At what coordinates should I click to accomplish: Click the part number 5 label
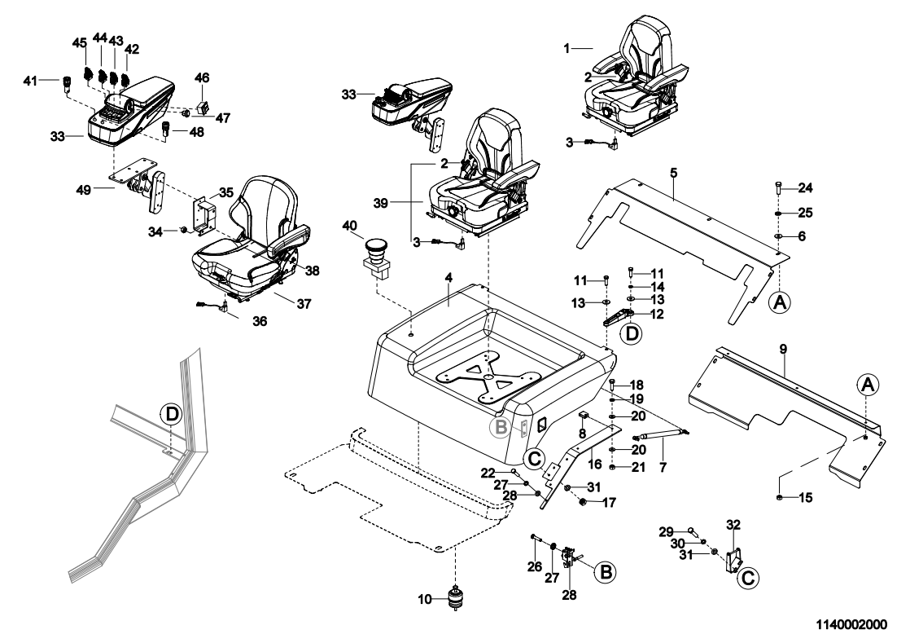[x=674, y=172]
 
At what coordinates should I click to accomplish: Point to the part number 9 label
[x=782, y=349]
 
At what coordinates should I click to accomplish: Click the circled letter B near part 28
[x=605, y=572]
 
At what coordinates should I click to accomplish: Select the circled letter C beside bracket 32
[x=749, y=579]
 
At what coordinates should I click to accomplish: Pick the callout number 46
[x=201, y=78]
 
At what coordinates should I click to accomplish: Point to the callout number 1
[x=567, y=49]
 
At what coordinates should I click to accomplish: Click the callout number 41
[x=53, y=80]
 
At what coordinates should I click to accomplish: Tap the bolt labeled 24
[x=778, y=187]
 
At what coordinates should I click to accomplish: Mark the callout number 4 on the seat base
[x=448, y=278]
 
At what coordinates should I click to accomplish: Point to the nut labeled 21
[x=615, y=466]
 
